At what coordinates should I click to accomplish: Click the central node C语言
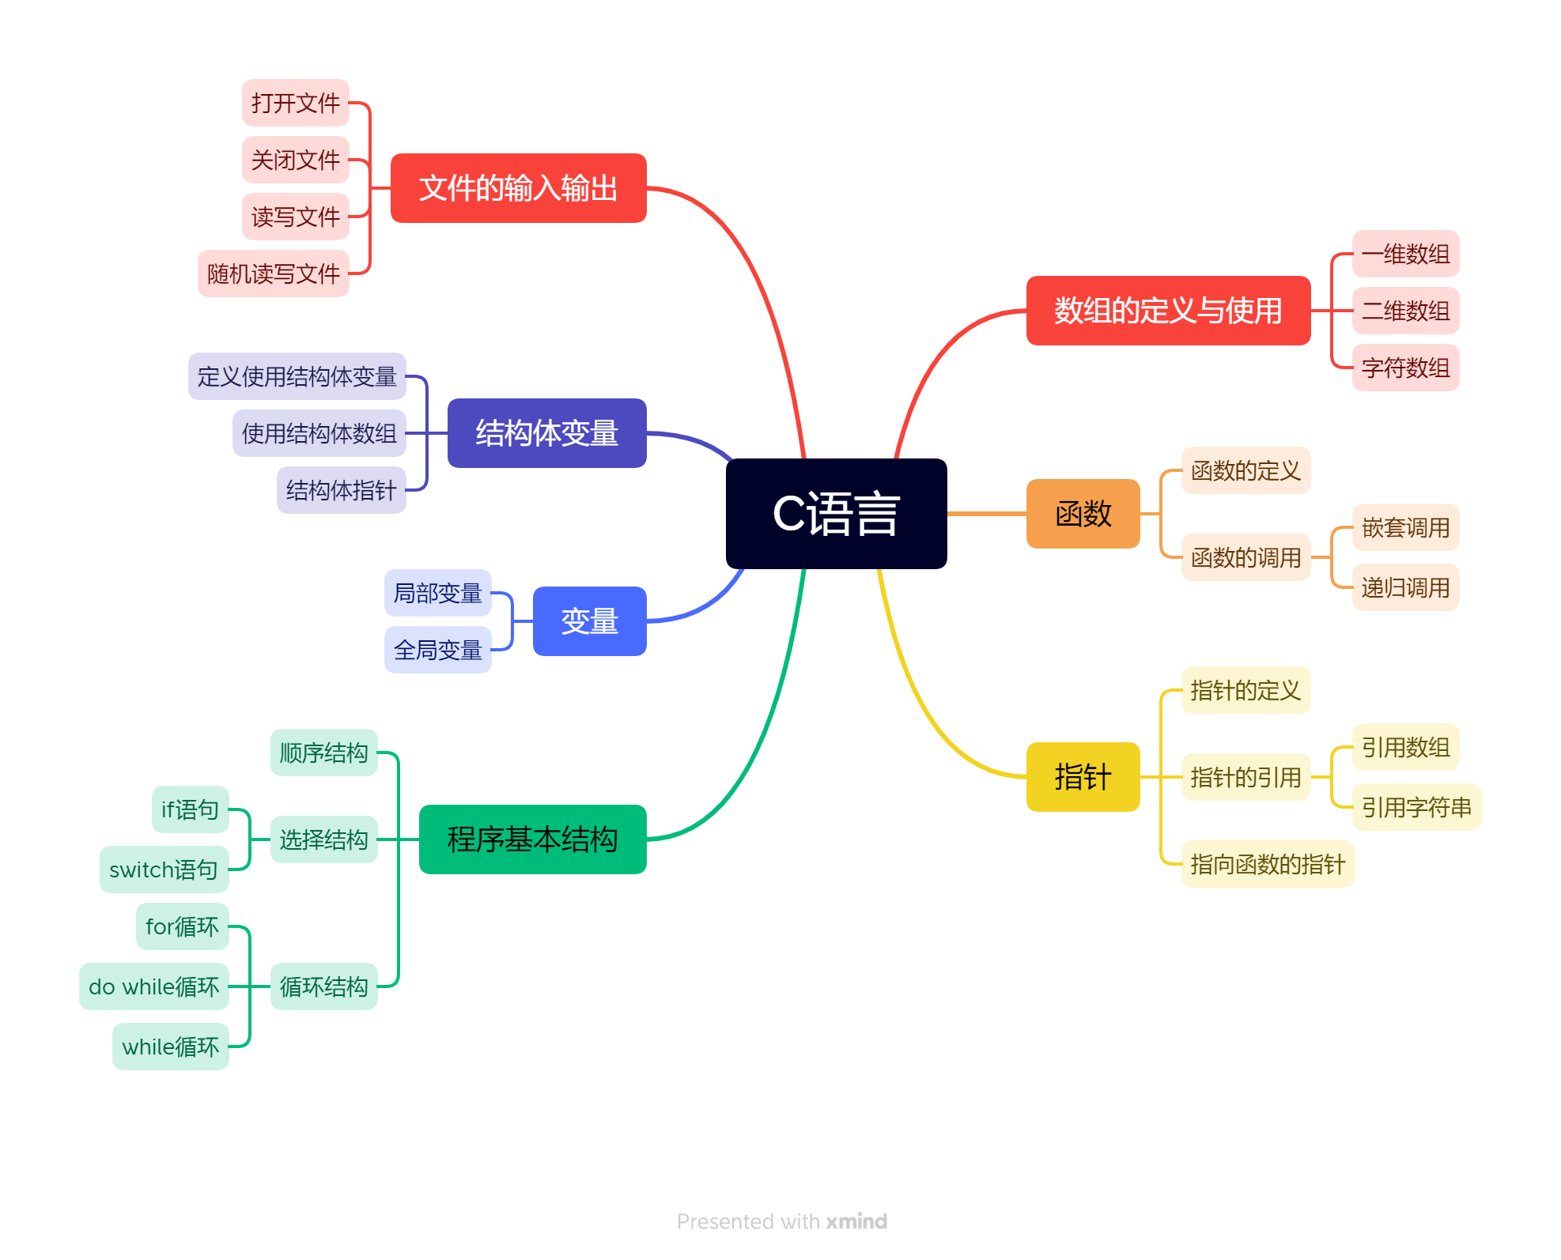(x=836, y=514)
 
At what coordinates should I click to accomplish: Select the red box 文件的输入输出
(x=518, y=188)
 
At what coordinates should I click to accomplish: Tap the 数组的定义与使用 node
(x=1167, y=311)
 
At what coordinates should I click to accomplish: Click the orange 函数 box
(x=1083, y=514)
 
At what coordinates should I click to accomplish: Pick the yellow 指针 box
(x=1083, y=777)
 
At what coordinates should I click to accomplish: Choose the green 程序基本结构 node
(x=532, y=839)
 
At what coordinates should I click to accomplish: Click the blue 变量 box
(x=589, y=621)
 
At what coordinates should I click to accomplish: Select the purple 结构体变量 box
(x=546, y=433)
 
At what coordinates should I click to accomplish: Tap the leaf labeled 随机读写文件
(x=273, y=274)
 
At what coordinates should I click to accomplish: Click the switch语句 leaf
(x=164, y=870)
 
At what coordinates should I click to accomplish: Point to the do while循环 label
(x=154, y=986)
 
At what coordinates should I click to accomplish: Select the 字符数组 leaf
(x=1405, y=368)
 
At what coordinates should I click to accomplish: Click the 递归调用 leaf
(x=1405, y=587)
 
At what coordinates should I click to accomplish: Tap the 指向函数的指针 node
(x=1268, y=864)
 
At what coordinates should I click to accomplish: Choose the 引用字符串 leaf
(x=1416, y=807)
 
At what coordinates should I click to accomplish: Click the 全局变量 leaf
(x=437, y=650)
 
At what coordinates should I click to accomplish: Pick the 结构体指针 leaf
(x=341, y=490)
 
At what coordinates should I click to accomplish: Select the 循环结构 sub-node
(x=323, y=986)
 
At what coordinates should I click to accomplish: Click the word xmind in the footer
(x=856, y=1221)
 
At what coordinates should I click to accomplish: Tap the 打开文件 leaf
(x=295, y=103)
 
